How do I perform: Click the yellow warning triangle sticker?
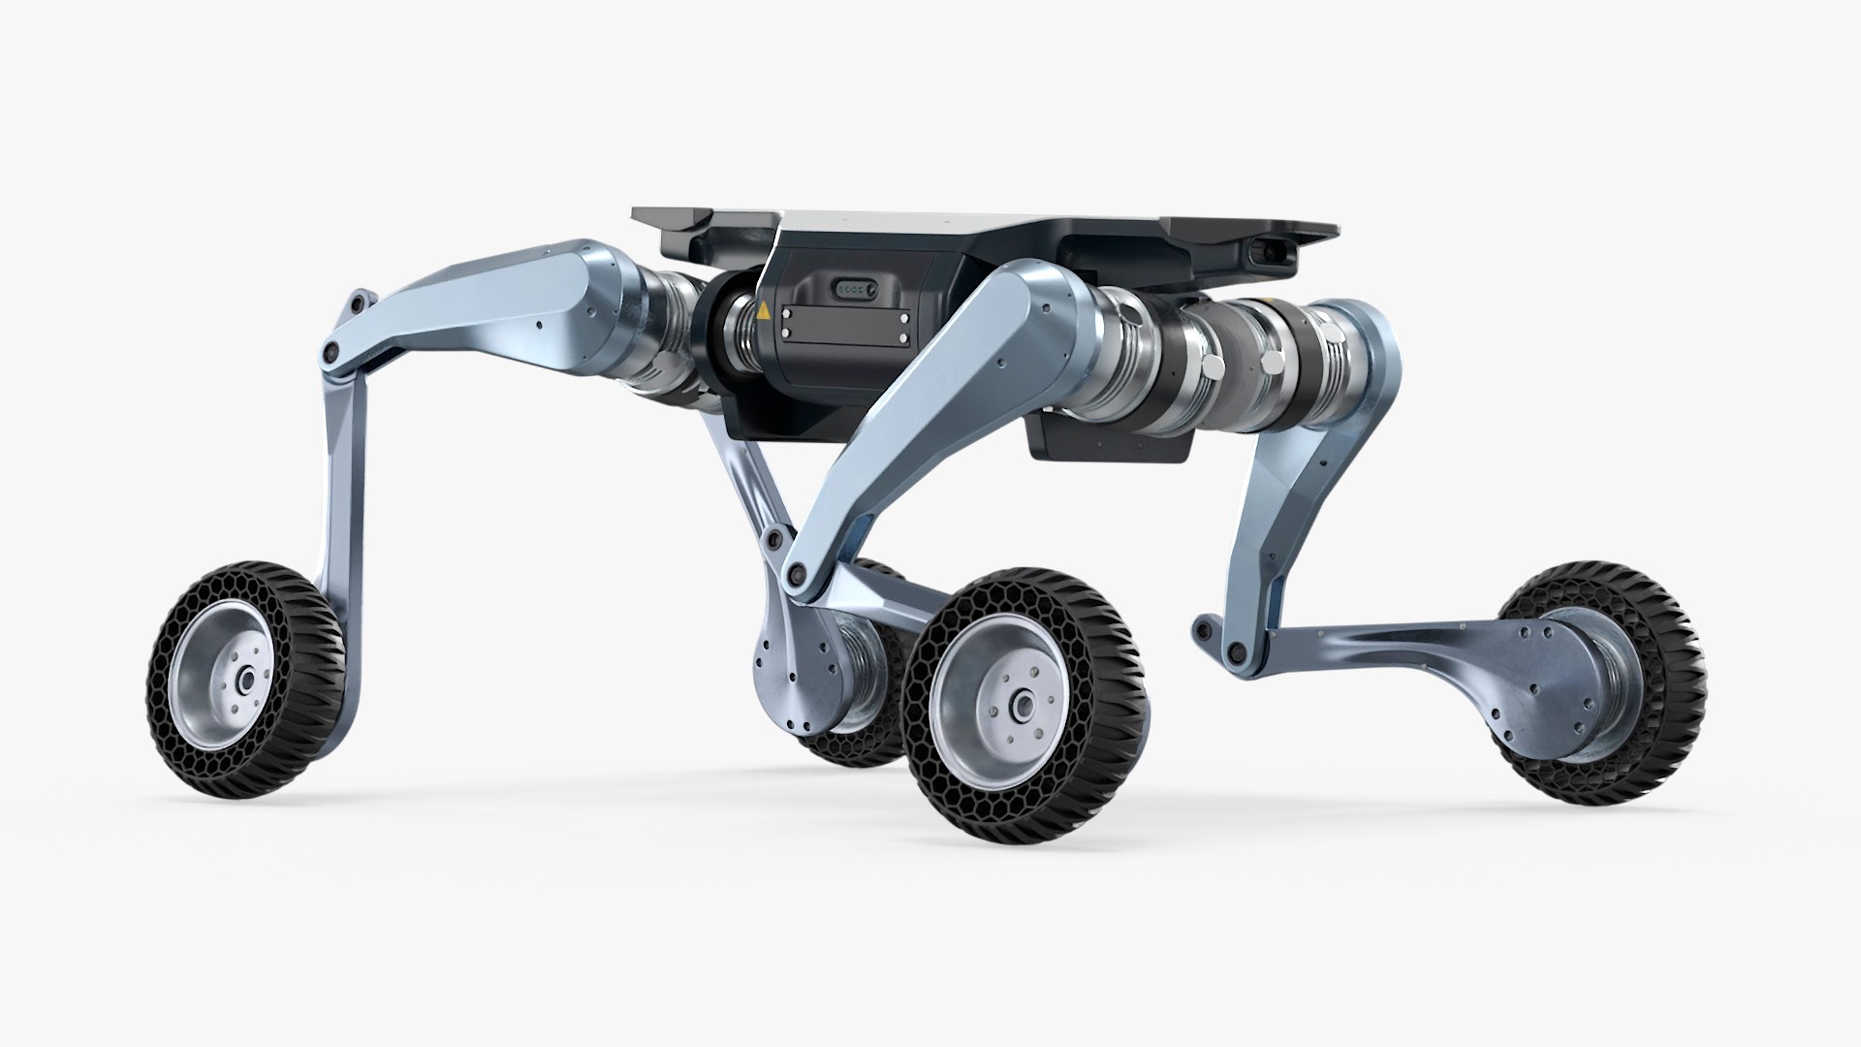[764, 311]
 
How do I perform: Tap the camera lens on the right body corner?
[1271, 253]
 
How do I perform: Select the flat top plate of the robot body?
[969, 218]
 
